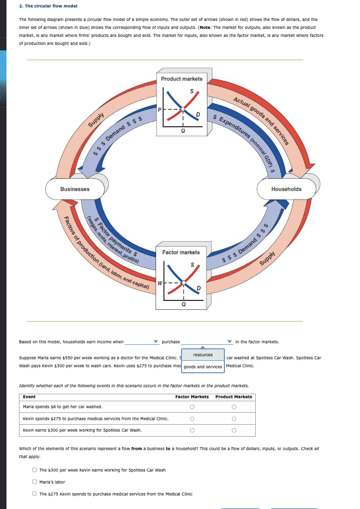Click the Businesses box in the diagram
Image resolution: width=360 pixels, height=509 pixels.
(75, 189)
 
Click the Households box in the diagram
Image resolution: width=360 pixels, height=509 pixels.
(286, 189)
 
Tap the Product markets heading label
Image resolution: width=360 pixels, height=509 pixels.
(181, 79)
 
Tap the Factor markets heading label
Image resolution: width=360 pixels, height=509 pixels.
(181, 253)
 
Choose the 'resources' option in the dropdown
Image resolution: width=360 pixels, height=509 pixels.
(203, 355)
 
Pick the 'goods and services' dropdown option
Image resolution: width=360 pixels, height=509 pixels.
(203, 367)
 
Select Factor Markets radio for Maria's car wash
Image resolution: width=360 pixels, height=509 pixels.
(191, 407)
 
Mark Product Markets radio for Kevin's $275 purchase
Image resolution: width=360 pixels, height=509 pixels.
(234, 418)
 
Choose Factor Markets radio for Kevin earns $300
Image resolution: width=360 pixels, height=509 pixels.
(191, 430)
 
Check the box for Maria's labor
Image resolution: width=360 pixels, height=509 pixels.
(34, 482)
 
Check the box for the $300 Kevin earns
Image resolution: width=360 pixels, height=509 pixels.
(34, 470)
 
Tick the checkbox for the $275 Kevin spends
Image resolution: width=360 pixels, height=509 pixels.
(34, 494)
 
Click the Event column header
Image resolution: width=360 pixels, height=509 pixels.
(29, 397)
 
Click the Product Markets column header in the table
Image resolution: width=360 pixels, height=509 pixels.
(234, 397)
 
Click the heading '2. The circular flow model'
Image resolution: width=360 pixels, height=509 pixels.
(47, 6)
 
